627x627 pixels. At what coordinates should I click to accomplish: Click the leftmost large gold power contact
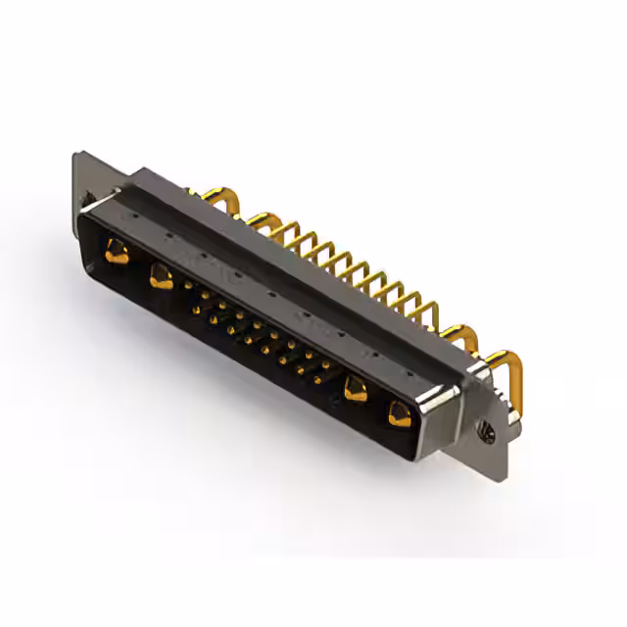point(117,253)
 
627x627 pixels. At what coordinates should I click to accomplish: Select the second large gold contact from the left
point(159,278)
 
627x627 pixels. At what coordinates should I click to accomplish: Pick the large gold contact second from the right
point(356,390)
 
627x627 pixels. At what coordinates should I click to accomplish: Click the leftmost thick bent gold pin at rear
point(227,200)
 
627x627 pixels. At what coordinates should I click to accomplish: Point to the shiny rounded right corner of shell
point(431,404)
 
